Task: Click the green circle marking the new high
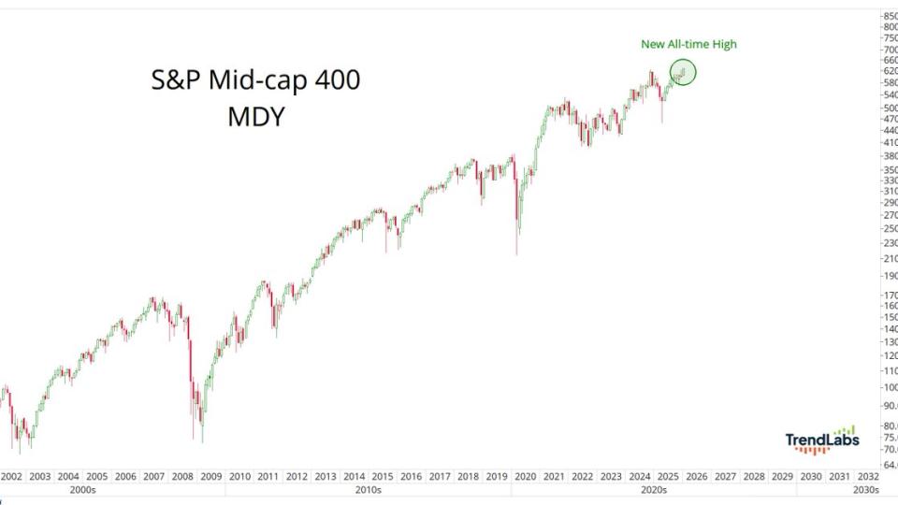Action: [x=683, y=72]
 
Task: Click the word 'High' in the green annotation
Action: [x=734, y=44]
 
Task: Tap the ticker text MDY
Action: [x=255, y=118]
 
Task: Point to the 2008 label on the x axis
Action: [x=183, y=476]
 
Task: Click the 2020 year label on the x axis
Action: [x=525, y=476]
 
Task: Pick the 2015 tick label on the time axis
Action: [x=382, y=476]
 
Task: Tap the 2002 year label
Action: [x=12, y=476]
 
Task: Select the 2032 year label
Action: [x=867, y=476]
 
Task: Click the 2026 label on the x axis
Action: [x=696, y=476]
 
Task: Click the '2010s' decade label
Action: [x=368, y=489]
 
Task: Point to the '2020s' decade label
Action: [x=653, y=489]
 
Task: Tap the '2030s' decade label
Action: [x=866, y=489]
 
